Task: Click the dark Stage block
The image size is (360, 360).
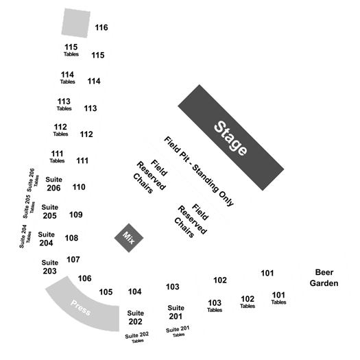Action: [230, 138]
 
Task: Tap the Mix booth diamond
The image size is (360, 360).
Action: [129, 238]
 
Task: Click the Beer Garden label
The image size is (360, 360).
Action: [324, 278]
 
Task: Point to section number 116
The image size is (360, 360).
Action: [101, 27]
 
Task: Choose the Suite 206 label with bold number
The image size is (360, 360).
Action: [53, 184]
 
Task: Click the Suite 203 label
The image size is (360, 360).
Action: [50, 267]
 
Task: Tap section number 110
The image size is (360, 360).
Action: [79, 187]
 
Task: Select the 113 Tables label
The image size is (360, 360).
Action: [64, 104]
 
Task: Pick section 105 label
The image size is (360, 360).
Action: [106, 292]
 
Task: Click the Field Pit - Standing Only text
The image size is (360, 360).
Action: [199, 171]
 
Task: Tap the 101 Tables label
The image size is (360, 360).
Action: [278, 298]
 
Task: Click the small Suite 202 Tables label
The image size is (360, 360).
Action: [137, 337]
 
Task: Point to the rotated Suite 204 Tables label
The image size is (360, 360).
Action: [25, 237]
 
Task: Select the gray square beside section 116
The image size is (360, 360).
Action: [75, 23]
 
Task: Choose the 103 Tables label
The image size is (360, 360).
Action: [215, 306]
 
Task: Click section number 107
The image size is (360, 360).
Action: [73, 260]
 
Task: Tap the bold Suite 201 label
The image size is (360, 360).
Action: [176, 312]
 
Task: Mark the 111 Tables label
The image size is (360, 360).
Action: [57, 156]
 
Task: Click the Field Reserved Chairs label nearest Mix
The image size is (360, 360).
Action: [150, 176]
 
